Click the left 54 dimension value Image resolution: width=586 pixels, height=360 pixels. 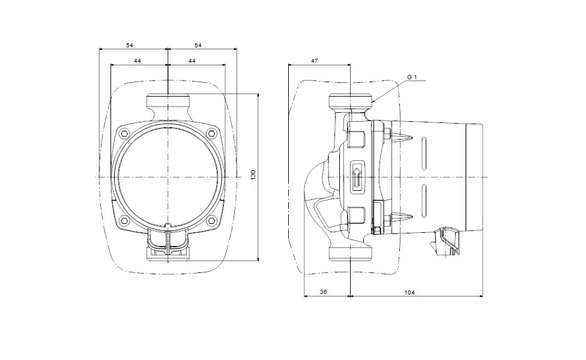click(x=129, y=46)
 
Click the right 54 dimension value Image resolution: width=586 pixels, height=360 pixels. click(x=198, y=46)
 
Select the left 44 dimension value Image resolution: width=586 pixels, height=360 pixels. click(x=137, y=61)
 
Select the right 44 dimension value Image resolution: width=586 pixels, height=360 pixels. click(x=192, y=61)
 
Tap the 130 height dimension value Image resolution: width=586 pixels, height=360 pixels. click(x=253, y=175)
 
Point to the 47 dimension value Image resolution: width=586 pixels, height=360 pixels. click(x=315, y=61)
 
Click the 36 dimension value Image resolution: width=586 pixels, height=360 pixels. click(x=324, y=292)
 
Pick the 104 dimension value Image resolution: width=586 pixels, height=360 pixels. click(x=409, y=293)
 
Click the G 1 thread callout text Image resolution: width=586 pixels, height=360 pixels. click(x=411, y=77)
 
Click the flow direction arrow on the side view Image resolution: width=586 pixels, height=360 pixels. click(x=357, y=176)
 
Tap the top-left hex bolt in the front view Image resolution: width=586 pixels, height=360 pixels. click(x=125, y=133)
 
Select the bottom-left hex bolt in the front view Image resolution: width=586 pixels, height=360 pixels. click(x=125, y=220)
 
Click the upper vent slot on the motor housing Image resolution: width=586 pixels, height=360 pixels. click(x=424, y=153)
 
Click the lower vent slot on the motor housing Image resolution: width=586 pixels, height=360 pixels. click(x=424, y=200)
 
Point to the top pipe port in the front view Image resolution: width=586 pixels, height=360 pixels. click(x=168, y=101)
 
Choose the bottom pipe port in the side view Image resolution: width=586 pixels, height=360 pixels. click(x=351, y=253)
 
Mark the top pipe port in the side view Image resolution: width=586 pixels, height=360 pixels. click(x=351, y=101)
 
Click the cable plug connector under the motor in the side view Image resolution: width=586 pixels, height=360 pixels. click(x=446, y=241)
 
